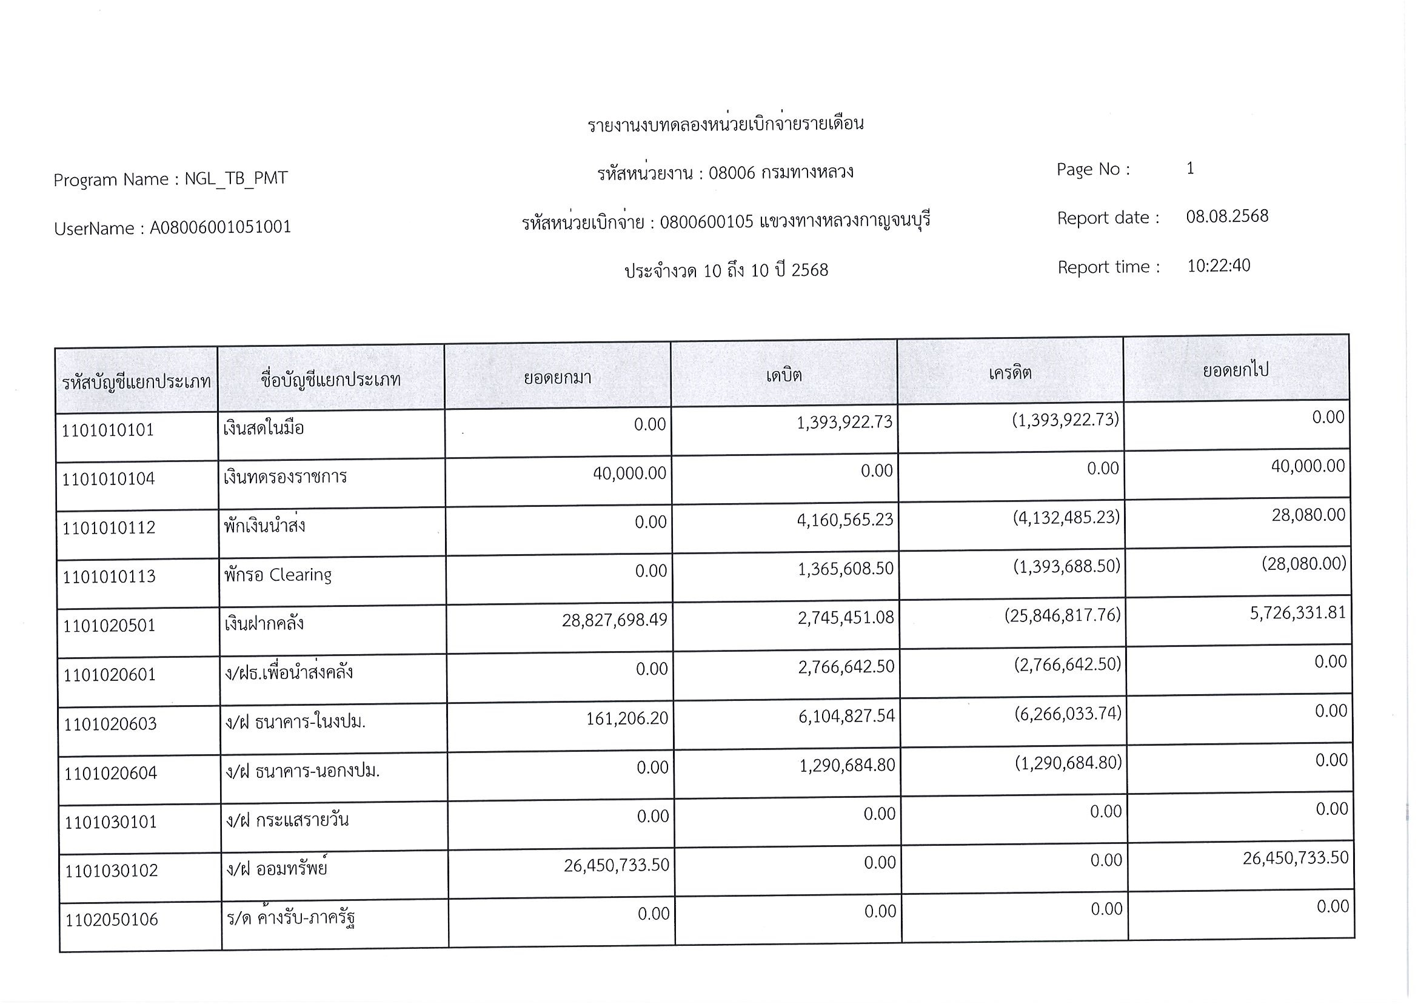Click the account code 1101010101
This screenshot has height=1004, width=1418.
click(107, 430)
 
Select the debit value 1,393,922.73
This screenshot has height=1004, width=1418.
click(844, 422)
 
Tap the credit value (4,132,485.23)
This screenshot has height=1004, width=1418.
click(1066, 517)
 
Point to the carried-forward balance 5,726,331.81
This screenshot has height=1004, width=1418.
click(1297, 614)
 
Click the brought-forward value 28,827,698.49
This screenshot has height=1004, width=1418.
click(614, 620)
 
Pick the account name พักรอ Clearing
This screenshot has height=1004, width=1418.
click(278, 575)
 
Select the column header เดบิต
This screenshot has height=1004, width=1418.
click(784, 375)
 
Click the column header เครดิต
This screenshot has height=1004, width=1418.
click(1010, 373)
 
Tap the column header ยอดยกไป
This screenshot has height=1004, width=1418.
click(1236, 370)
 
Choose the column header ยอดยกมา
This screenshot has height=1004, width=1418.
click(558, 377)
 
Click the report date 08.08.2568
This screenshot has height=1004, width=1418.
click(1227, 216)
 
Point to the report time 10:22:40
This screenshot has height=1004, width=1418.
click(1219, 266)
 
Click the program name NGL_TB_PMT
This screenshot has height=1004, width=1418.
click(236, 179)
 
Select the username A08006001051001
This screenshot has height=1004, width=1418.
click(220, 227)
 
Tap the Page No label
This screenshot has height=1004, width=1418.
click(1093, 169)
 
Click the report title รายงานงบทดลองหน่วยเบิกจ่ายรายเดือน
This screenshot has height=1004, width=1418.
click(725, 124)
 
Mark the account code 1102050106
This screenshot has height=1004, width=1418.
click(112, 919)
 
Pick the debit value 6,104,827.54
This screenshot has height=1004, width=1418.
click(846, 716)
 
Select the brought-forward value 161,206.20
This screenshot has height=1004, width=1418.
click(627, 718)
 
